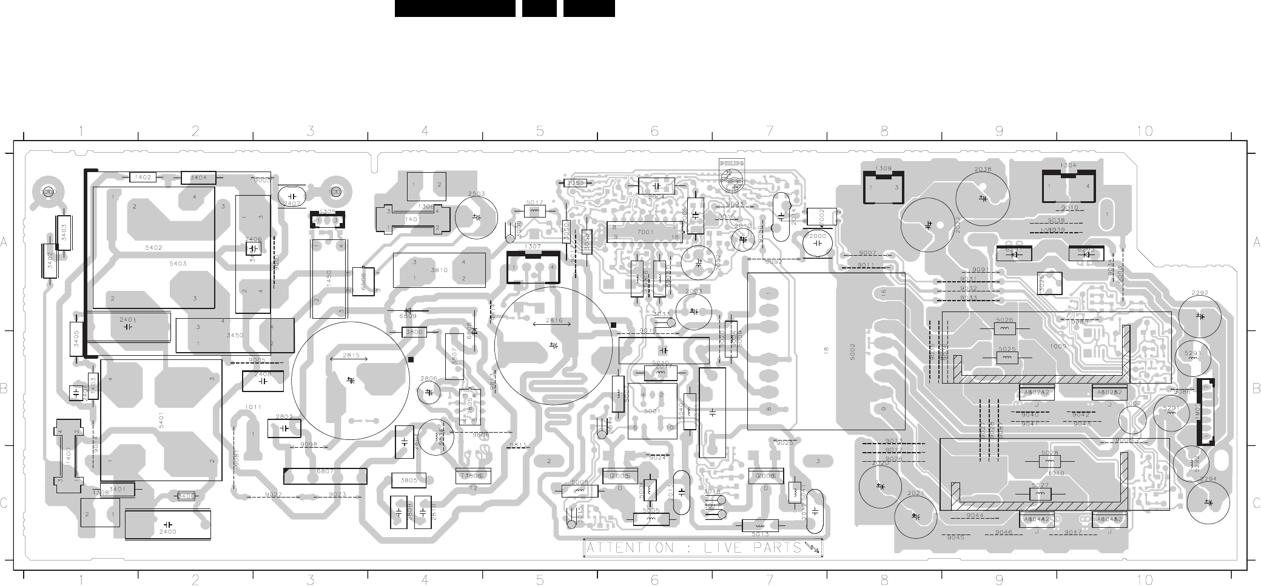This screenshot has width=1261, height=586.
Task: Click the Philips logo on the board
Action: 731,172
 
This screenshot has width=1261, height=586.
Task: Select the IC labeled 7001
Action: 645,231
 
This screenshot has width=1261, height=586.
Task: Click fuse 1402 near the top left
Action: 143,177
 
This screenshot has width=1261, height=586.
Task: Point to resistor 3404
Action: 198,178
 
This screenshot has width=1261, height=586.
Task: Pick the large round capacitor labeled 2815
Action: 351,379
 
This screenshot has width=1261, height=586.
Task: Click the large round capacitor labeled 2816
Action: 553,345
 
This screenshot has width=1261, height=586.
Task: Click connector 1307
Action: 533,267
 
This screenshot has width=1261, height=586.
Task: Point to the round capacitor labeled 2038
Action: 983,197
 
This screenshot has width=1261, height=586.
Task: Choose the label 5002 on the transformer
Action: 852,351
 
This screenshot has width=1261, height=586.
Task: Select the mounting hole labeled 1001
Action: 336,191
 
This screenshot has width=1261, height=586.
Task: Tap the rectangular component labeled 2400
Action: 167,524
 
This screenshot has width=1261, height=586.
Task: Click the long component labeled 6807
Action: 325,476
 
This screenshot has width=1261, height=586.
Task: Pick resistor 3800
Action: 414,332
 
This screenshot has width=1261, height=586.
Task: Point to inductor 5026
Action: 1004,328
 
